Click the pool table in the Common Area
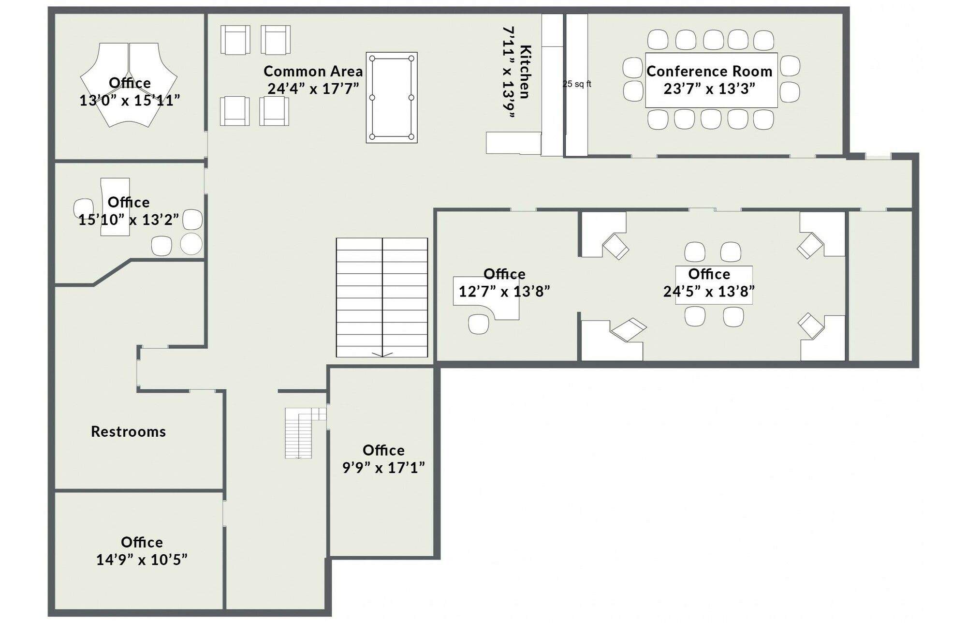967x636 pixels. point(392,97)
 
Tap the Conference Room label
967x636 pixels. point(709,72)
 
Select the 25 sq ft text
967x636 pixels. point(577,84)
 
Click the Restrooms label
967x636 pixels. point(129,431)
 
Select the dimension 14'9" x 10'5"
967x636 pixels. point(142,560)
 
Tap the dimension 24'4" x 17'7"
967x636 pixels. point(313,89)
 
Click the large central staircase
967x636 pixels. point(382,297)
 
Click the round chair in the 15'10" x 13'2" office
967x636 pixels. point(191,244)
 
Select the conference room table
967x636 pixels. point(711,80)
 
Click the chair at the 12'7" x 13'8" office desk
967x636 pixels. point(479,324)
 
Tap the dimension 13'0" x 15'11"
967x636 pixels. point(130,101)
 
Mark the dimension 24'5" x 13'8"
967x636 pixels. point(709,292)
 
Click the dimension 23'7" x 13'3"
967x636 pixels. point(709,89)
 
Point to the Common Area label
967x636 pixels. point(313,72)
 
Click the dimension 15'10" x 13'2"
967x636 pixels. point(129,220)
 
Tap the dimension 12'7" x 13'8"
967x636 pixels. point(504,292)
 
